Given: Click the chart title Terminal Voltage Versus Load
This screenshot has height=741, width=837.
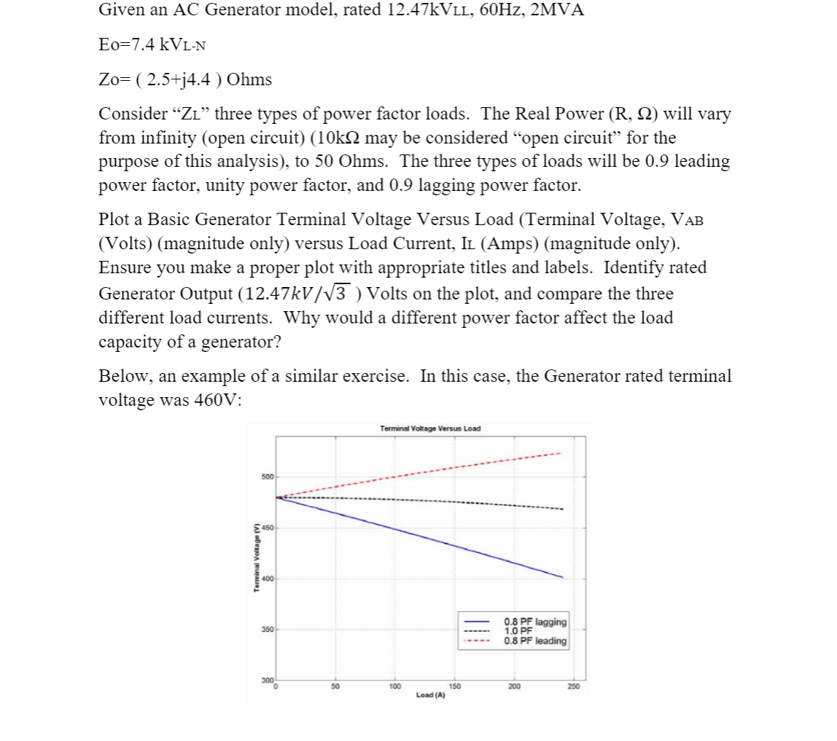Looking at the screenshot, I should click(x=430, y=428).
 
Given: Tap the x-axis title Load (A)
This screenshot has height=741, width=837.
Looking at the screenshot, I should click(x=430, y=695).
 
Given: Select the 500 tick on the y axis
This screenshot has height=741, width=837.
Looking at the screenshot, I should click(x=267, y=477).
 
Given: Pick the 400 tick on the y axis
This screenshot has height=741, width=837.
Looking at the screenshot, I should click(x=267, y=579).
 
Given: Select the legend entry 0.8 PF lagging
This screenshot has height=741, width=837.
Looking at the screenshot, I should click(x=534, y=622).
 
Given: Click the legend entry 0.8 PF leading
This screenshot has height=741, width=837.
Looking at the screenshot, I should click(x=534, y=641).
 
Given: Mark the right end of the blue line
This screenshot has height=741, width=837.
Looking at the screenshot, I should click(x=563, y=577).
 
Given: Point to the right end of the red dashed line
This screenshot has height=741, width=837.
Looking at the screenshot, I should click(x=561, y=453).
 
